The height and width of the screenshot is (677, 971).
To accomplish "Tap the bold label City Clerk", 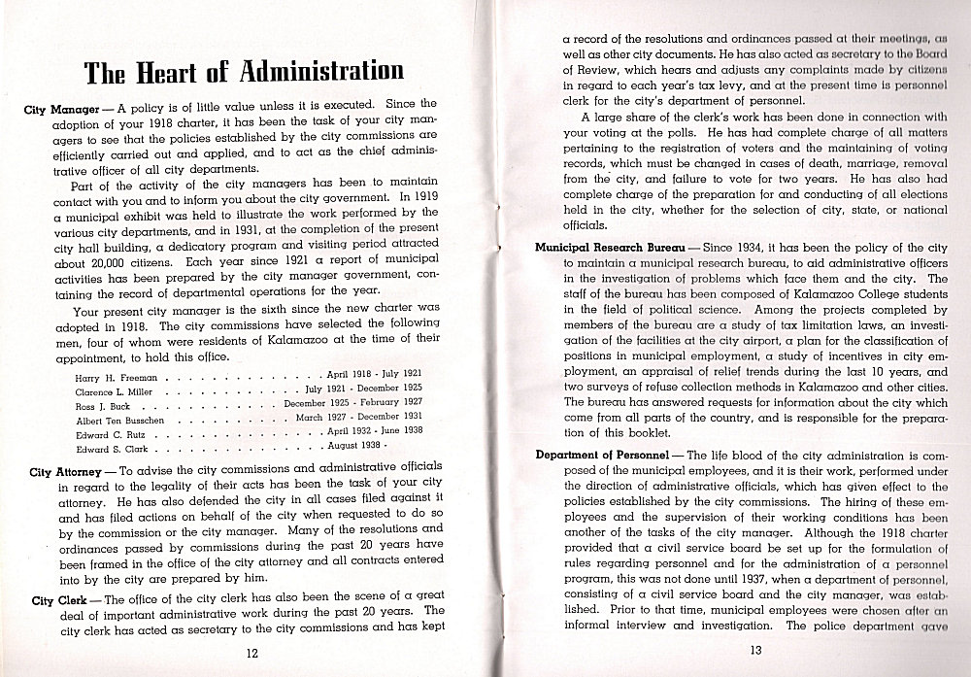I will (x=55, y=600).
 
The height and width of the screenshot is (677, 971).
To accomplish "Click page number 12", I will (x=251, y=653).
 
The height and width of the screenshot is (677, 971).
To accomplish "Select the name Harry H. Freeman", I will (x=112, y=374).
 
